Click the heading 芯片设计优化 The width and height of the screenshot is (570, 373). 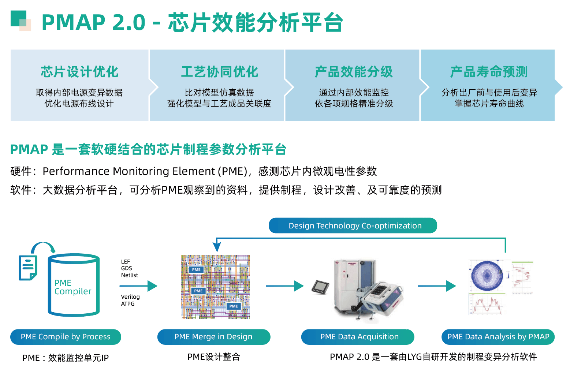click(79, 72)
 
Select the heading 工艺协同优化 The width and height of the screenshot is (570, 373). click(220, 72)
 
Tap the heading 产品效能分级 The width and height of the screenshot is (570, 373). click(354, 72)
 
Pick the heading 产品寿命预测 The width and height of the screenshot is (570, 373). click(489, 72)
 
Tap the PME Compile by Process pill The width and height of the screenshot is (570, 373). click(66, 337)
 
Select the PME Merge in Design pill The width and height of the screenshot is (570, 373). click(213, 337)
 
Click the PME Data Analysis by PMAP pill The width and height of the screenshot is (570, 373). click(498, 337)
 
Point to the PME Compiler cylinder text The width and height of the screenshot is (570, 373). click(72, 287)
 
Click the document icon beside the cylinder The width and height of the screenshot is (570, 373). click(28, 268)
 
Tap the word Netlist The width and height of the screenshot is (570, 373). click(130, 275)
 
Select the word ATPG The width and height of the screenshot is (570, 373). click(128, 304)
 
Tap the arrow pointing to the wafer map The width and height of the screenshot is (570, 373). click(437, 286)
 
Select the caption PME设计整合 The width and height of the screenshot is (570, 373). click(213, 357)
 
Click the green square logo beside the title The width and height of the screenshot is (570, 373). click(20, 20)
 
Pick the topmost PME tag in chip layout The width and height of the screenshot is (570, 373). click(196, 270)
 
